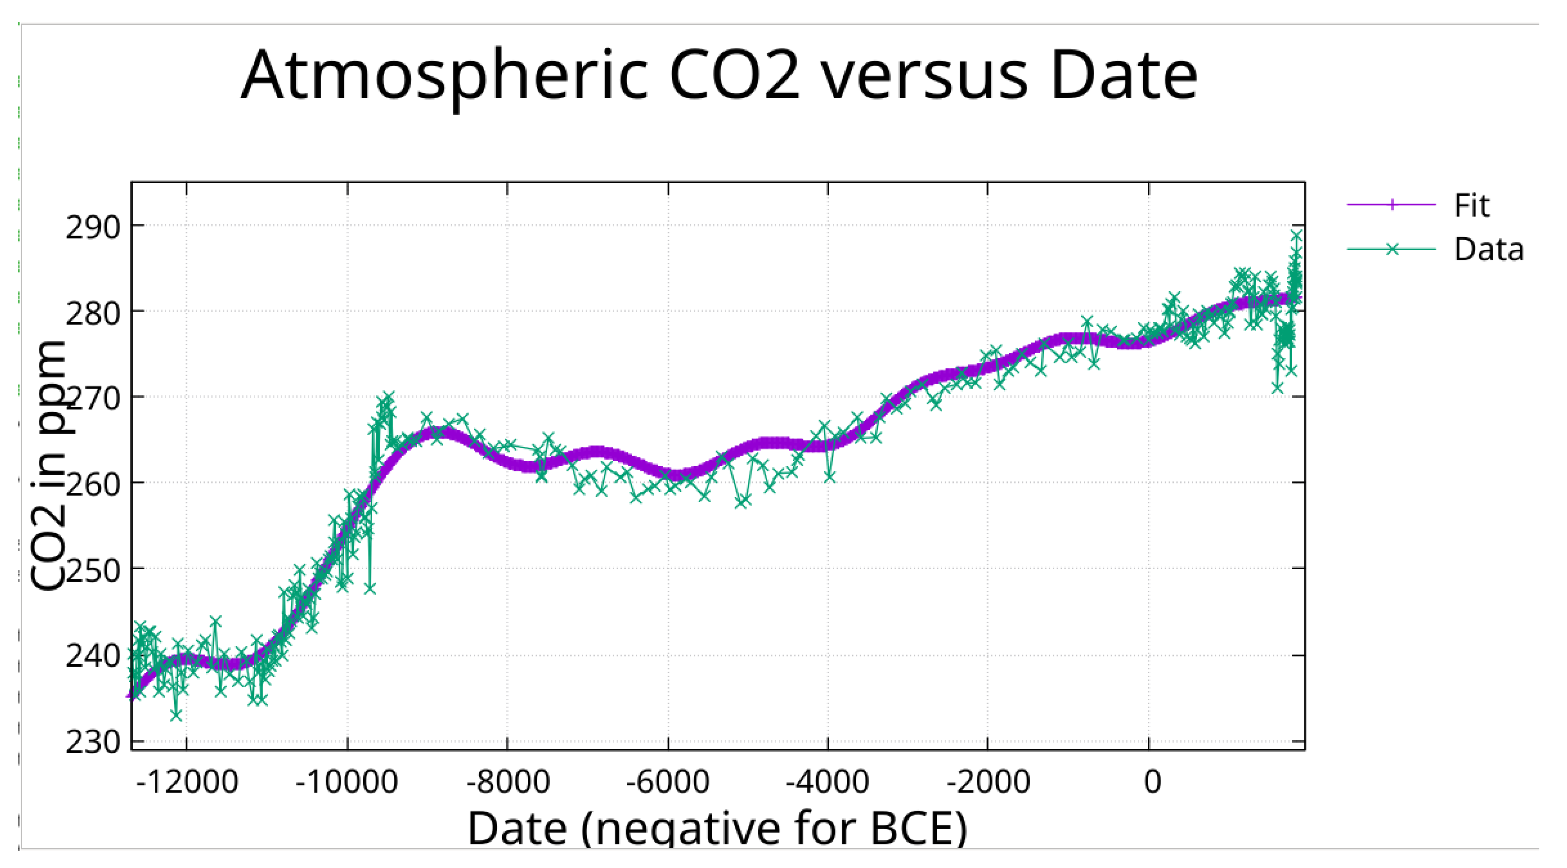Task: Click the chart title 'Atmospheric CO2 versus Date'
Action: coord(719,76)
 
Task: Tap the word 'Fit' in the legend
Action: coord(1472,205)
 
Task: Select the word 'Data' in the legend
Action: coord(1489,250)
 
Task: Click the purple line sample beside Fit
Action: coord(1391,205)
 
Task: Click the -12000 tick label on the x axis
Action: coord(187,782)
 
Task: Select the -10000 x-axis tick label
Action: coord(347,782)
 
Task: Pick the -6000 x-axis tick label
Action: coord(668,782)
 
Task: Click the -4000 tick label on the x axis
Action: coord(828,782)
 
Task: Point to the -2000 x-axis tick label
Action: coord(988,782)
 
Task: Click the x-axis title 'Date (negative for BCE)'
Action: coord(717,828)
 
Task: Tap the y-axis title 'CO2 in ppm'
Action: coord(49,465)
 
